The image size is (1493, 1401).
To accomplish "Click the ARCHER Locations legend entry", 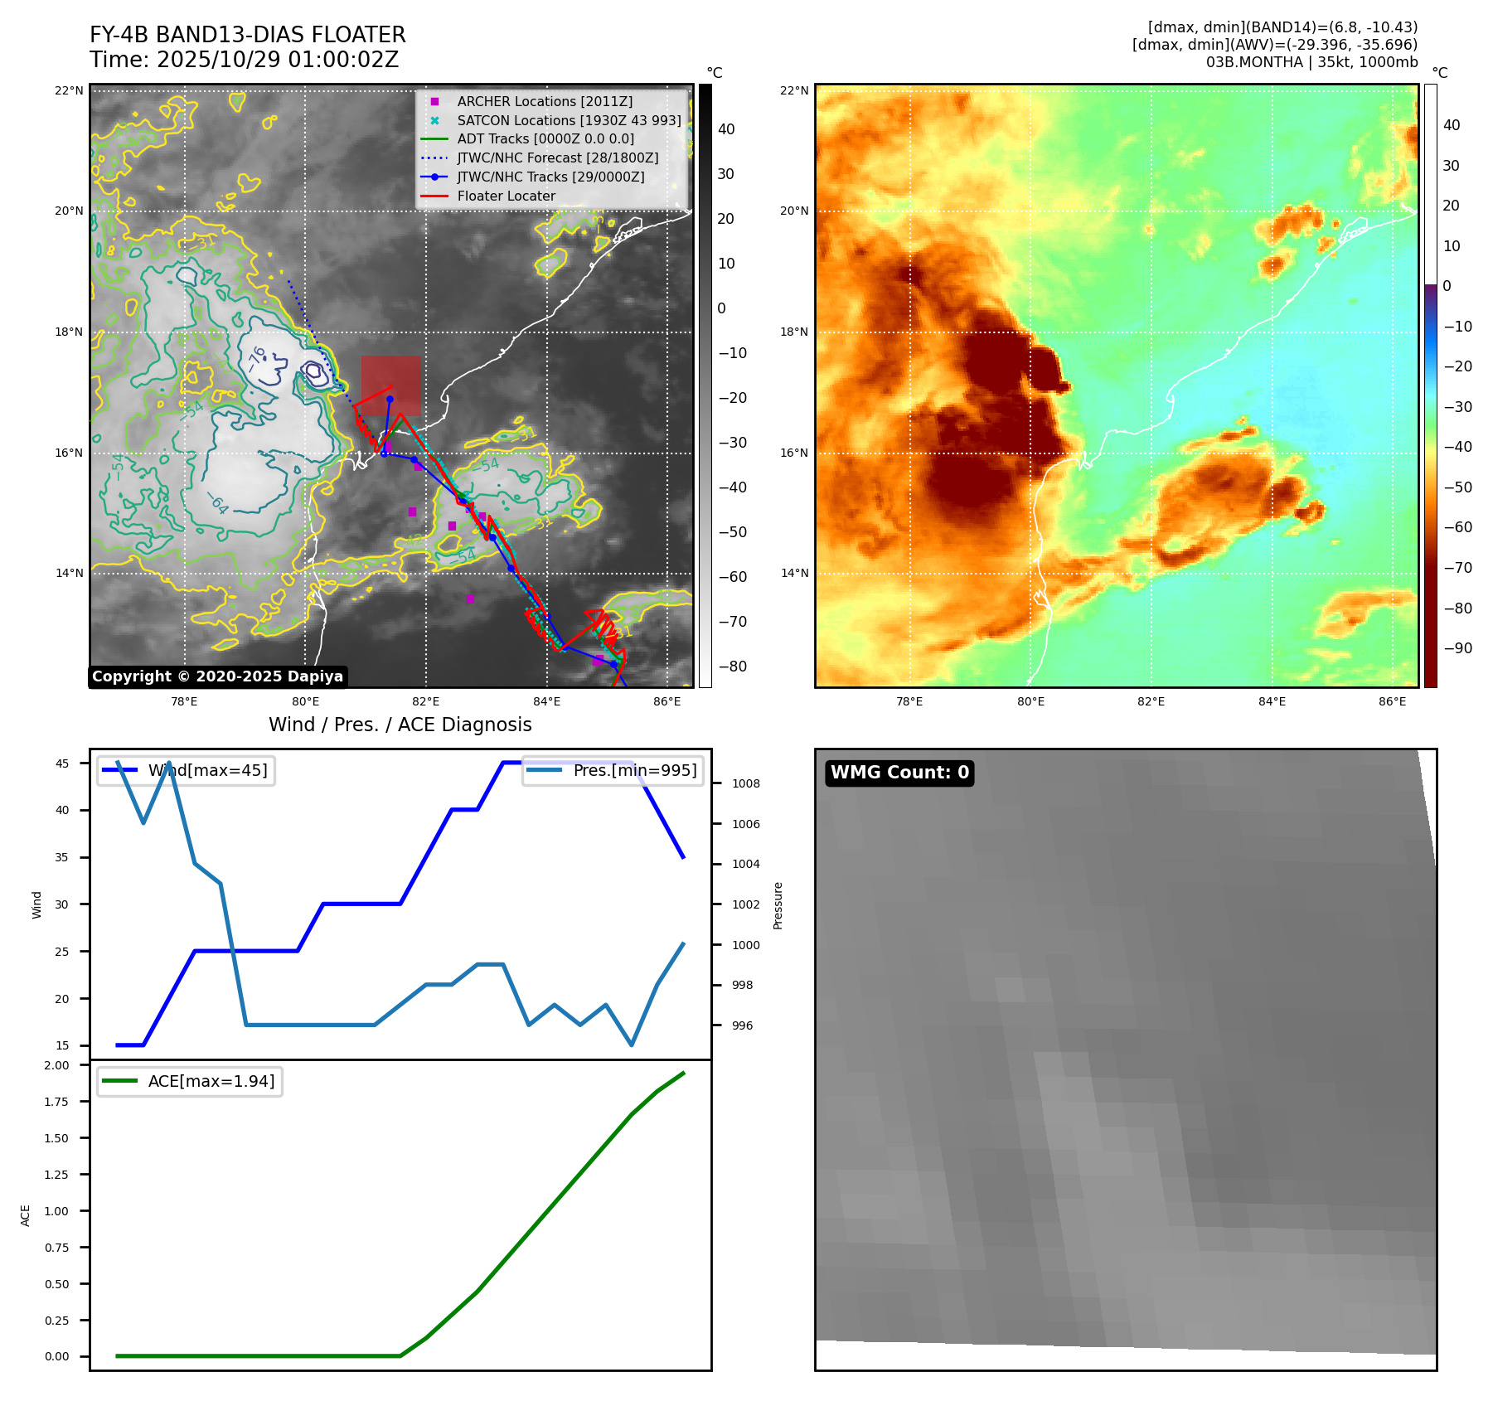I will tap(545, 101).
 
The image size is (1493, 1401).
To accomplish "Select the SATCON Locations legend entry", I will tap(569, 120).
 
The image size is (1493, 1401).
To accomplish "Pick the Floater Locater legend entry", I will tap(506, 196).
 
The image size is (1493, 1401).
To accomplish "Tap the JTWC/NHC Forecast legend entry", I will tap(557, 158).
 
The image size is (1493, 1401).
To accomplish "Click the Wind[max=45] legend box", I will tap(187, 770).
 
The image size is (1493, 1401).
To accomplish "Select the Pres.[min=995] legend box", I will tap(613, 770).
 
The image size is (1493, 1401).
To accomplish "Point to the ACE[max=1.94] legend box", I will tap(190, 1081).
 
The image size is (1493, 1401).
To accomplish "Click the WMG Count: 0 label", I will tap(899, 773).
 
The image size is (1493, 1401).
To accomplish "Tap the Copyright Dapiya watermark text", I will tap(217, 676).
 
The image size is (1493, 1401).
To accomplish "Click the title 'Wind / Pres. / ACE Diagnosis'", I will tap(400, 725).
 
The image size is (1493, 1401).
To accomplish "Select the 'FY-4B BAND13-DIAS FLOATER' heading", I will tap(247, 35).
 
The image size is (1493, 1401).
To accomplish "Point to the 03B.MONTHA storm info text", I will tap(1311, 62).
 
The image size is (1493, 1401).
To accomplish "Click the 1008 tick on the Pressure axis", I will tap(745, 783).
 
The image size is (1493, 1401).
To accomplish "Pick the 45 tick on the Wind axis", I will tap(62, 764).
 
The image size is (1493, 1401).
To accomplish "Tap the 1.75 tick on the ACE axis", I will tap(56, 1102).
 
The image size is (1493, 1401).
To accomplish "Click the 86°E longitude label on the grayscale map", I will tap(667, 701).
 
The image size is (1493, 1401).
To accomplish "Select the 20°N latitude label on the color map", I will tap(793, 211).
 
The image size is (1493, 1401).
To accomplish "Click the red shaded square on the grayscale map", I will tap(390, 385).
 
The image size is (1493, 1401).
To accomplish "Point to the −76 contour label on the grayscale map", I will tap(258, 358).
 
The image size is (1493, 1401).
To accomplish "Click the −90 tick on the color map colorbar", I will tap(1457, 648).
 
